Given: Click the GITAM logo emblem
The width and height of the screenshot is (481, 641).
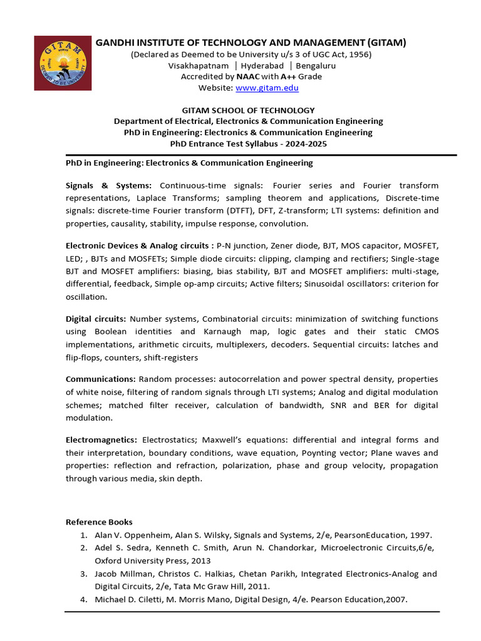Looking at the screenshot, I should pyautogui.click(x=61, y=63).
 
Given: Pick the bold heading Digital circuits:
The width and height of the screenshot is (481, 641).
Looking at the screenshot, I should pyautogui.click(x=96, y=319).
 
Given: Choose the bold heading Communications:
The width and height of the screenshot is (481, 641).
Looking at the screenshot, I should pyautogui.click(x=101, y=379).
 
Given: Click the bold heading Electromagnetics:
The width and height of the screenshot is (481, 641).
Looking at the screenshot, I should pyautogui.click(x=101, y=439).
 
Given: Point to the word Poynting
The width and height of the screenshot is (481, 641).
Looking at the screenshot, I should pyautogui.click(x=319, y=453).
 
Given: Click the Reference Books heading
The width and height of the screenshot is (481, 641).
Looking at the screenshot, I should pyautogui.click(x=99, y=522).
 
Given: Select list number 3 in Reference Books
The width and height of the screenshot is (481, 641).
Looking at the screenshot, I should pyautogui.click(x=83, y=573).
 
